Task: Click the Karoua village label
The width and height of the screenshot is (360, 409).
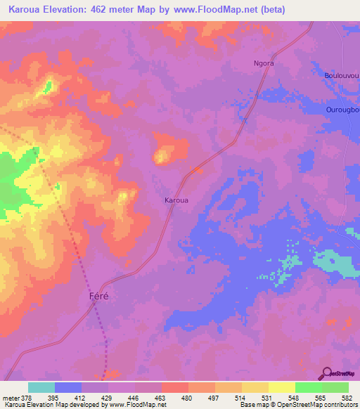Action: (x=176, y=200)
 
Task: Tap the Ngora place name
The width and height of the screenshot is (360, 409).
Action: (x=264, y=63)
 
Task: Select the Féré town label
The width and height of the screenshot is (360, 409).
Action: (x=101, y=297)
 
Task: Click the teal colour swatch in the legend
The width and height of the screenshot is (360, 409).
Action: (x=41, y=387)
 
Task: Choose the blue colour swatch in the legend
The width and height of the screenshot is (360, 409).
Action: (x=68, y=387)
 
